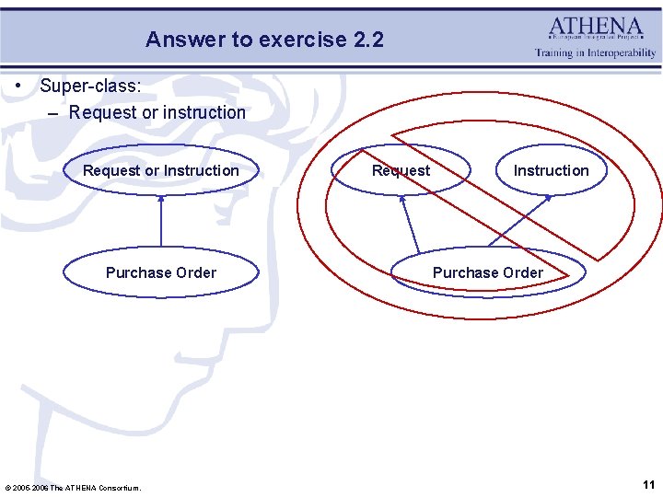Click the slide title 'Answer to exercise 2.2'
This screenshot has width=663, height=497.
(264, 40)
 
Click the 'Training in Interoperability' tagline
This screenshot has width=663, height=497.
(596, 53)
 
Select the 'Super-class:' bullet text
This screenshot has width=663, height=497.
(90, 86)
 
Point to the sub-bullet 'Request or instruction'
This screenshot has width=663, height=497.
(157, 112)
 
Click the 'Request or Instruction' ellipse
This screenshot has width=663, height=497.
(160, 170)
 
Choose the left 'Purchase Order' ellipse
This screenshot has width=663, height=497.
(160, 272)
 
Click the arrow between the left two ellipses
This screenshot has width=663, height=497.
(161, 221)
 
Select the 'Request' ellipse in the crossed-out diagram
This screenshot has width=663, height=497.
(401, 170)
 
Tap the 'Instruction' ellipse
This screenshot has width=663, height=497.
(551, 170)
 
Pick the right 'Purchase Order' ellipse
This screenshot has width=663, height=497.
(487, 272)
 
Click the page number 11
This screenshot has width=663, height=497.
(648, 484)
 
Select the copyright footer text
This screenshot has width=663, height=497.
(74, 487)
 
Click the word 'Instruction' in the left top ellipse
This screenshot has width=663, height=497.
(201, 170)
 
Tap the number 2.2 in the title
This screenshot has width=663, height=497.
(368, 40)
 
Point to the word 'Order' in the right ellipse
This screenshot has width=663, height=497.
(522, 272)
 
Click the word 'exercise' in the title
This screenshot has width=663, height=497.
(303, 40)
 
